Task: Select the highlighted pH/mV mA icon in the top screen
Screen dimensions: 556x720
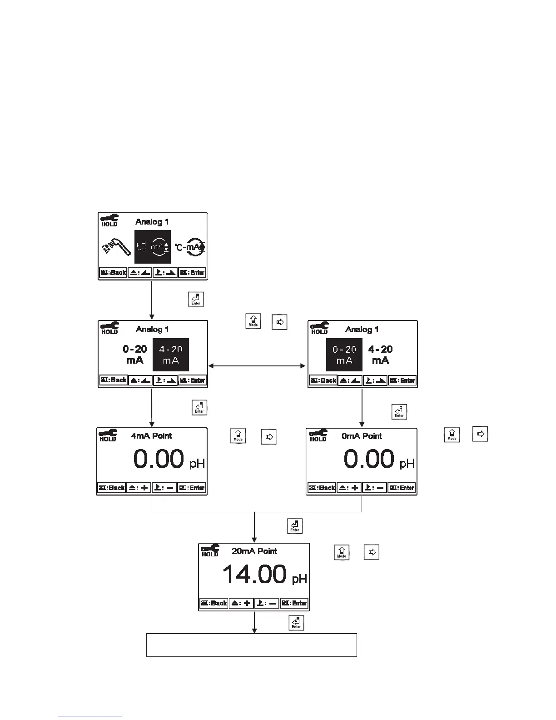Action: (x=153, y=247)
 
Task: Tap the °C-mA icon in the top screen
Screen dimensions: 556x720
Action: (x=190, y=246)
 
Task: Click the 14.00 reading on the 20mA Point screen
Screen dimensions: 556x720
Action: (x=254, y=574)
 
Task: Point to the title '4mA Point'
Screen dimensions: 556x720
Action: (x=151, y=436)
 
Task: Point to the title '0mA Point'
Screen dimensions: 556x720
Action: (x=362, y=436)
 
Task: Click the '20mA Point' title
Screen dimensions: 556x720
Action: (x=254, y=551)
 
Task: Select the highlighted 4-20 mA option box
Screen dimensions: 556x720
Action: (x=171, y=355)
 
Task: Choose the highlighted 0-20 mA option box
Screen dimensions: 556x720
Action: (x=344, y=355)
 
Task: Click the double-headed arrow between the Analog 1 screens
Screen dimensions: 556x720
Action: (x=257, y=365)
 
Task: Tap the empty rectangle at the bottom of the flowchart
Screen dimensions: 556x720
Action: (x=251, y=645)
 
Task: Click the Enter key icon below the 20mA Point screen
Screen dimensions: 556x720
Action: (x=296, y=623)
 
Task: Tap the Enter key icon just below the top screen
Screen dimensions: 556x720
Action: (x=196, y=300)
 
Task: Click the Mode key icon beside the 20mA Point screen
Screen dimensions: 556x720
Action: (x=342, y=552)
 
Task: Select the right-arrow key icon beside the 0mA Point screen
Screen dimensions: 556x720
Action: (x=480, y=434)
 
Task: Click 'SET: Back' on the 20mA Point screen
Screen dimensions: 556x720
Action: (x=214, y=603)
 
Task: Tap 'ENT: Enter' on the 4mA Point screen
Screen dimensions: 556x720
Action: (x=192, y=488)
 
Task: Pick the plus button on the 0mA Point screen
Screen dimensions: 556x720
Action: (x=349, y=488)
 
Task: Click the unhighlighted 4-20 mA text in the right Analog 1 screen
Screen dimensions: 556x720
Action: (x=381, y=355)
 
